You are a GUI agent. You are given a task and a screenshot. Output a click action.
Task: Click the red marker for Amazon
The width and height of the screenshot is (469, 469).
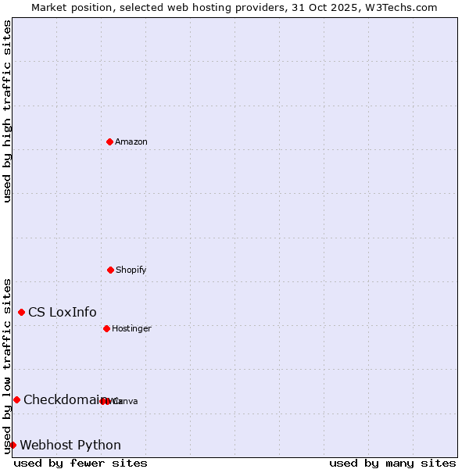109,141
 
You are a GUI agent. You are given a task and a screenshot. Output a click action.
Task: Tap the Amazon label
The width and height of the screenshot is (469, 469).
131,142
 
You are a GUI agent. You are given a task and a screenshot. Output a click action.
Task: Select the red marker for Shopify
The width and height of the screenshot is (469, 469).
110,270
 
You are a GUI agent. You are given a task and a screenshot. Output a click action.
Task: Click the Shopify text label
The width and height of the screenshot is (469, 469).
131,270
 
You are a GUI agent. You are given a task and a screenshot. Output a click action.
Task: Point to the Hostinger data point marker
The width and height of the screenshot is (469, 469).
106,328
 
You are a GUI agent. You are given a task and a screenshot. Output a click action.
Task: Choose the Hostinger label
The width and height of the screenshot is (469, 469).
131,329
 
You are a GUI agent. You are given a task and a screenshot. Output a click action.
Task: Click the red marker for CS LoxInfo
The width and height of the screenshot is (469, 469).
21,312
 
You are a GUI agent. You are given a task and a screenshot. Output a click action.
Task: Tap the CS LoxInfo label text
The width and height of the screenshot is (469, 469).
63,313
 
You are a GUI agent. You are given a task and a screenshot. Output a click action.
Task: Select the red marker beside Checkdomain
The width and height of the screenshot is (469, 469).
16,399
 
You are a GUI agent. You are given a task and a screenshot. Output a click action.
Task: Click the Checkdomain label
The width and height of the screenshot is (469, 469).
63,400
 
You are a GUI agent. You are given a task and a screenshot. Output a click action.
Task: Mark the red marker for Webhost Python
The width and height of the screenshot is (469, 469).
13,445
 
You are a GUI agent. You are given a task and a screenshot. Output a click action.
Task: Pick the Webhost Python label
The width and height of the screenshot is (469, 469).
70,446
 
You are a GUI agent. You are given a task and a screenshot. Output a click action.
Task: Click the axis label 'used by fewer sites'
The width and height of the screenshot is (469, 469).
81,463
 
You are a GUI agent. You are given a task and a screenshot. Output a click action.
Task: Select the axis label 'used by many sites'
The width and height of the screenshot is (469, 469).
392,463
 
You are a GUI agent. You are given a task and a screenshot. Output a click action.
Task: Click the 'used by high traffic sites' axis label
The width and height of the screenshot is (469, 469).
7,111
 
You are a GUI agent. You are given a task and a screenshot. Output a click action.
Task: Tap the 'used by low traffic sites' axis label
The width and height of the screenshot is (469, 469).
7,365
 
